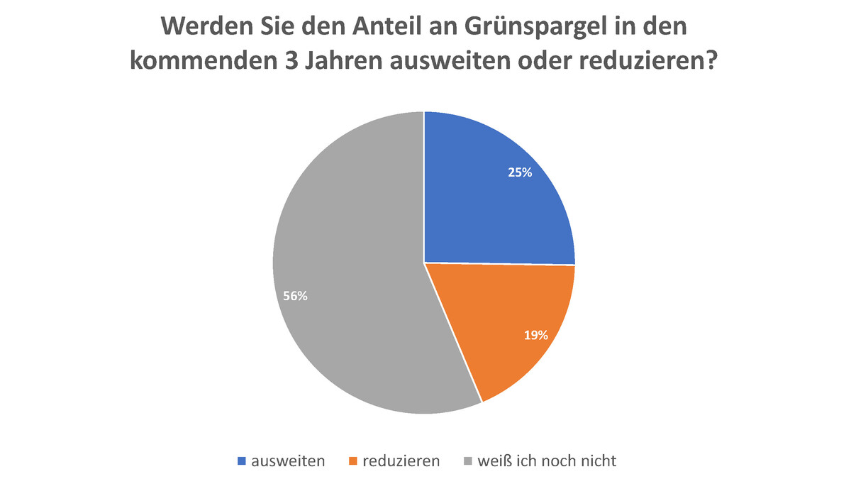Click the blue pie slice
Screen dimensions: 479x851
tap(489, 199)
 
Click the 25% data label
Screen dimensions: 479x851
tap(520, 172)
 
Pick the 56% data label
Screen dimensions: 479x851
tap(295, 297)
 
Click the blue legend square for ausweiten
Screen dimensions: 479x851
tap(241, 461)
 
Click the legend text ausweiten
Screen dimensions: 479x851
tap(287, 461)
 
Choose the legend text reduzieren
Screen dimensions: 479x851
tap(401, 461)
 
